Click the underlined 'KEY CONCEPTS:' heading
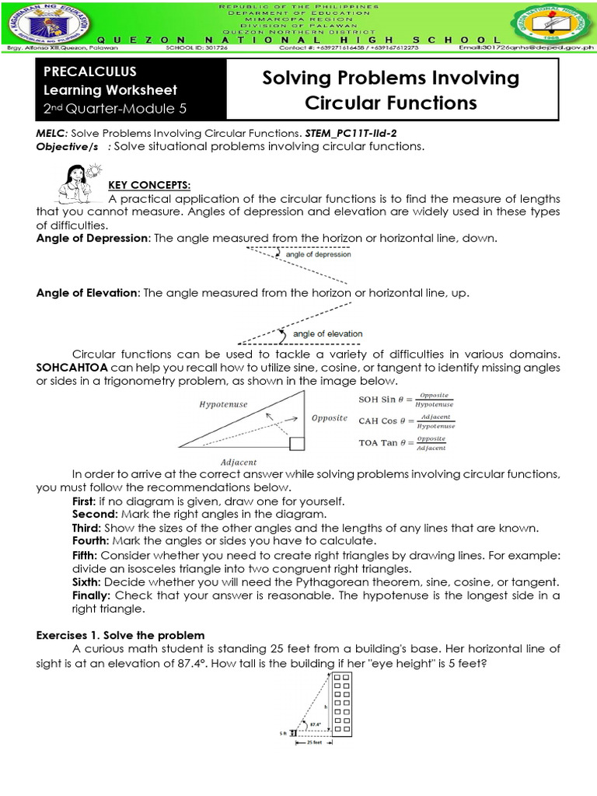148,185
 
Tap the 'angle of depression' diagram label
318,254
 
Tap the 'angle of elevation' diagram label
327,333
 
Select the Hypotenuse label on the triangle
223,405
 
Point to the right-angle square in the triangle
295,444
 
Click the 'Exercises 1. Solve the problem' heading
120,635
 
